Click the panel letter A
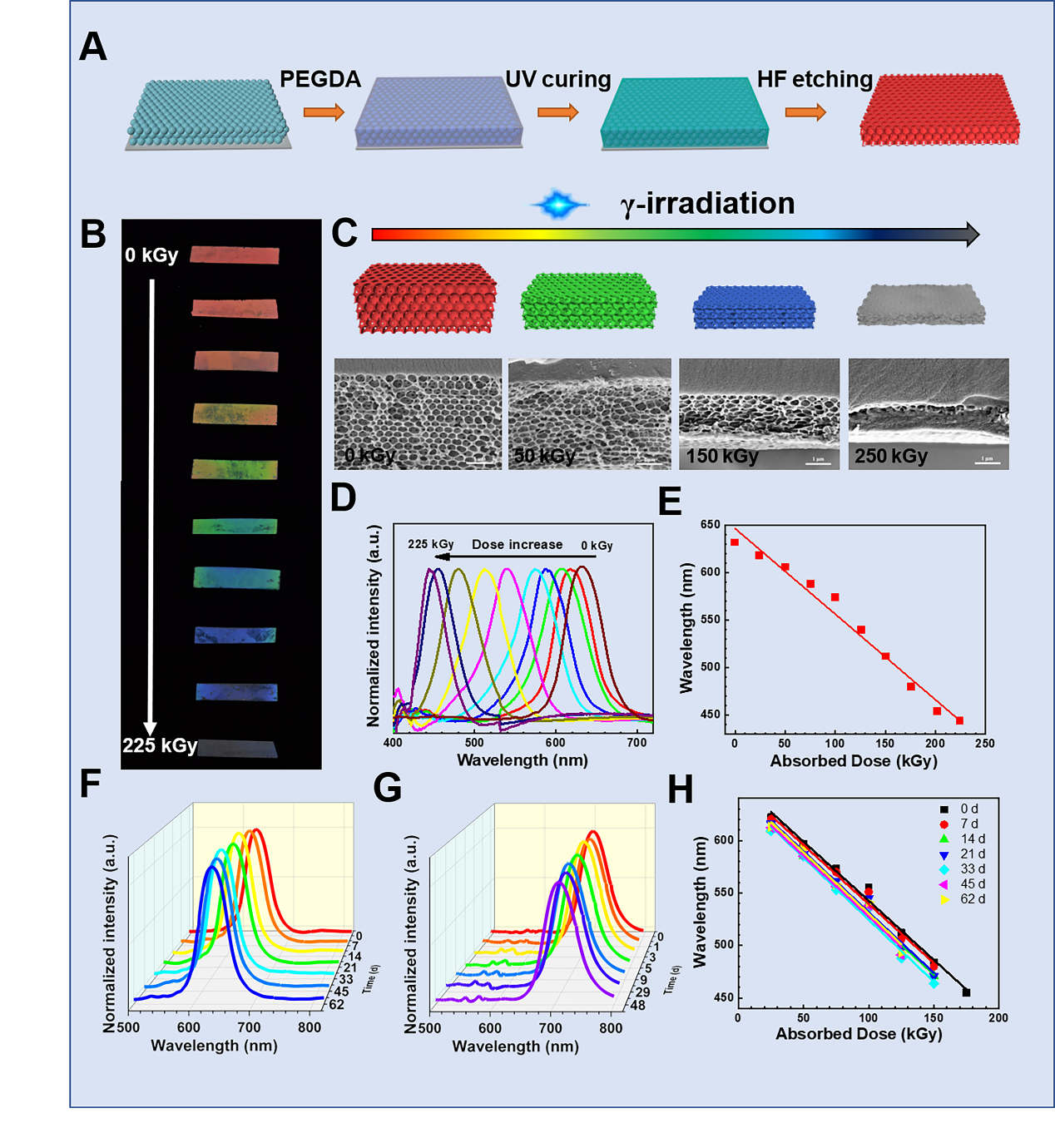point(93,47)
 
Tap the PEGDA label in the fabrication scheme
point(319,79)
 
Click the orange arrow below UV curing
point(557,112)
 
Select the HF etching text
point(815,79)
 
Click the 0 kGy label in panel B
point(151,255)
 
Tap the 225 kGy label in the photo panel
point(160,745)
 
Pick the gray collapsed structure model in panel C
point(921,305)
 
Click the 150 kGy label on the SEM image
point(722,456)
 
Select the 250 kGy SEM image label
point(890,456)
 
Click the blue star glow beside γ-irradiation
point(558,204)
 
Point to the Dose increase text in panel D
point(517,544)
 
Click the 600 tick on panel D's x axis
point(555,742)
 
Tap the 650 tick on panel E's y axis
point(710,525)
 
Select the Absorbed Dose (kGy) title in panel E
point(853,760)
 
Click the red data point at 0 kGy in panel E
point(734,542)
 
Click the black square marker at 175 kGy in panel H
point(966,992)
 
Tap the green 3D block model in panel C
point(588,301)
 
